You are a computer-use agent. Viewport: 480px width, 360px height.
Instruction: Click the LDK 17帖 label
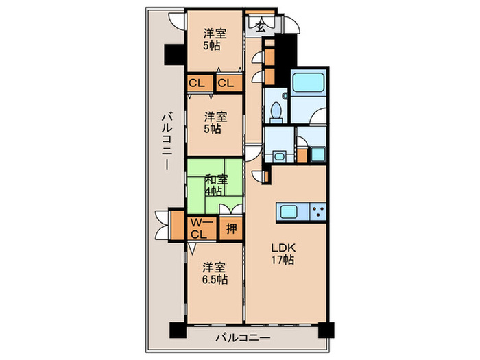283,254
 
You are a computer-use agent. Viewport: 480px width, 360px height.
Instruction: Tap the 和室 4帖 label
216,185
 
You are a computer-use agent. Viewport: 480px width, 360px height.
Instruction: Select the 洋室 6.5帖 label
215,273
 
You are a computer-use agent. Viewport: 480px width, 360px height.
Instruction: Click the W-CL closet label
199,228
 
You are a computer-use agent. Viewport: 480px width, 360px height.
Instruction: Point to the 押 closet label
231,228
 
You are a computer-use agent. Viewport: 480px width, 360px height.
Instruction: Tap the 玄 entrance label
260,27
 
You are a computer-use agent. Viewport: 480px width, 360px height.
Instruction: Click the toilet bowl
276,111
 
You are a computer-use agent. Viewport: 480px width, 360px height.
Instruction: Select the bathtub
308,82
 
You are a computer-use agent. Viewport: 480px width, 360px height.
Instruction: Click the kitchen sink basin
289,212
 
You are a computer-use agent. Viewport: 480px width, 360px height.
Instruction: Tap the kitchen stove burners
318,211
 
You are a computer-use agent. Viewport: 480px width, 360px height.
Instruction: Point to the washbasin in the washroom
279,156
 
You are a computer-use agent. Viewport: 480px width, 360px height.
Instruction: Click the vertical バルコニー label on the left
167,141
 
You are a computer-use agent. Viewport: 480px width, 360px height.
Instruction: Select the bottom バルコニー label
243,338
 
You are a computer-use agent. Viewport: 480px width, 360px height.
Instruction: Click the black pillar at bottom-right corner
326,330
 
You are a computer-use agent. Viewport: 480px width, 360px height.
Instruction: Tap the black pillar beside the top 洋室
175,54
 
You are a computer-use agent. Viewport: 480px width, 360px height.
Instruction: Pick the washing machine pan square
318,154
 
